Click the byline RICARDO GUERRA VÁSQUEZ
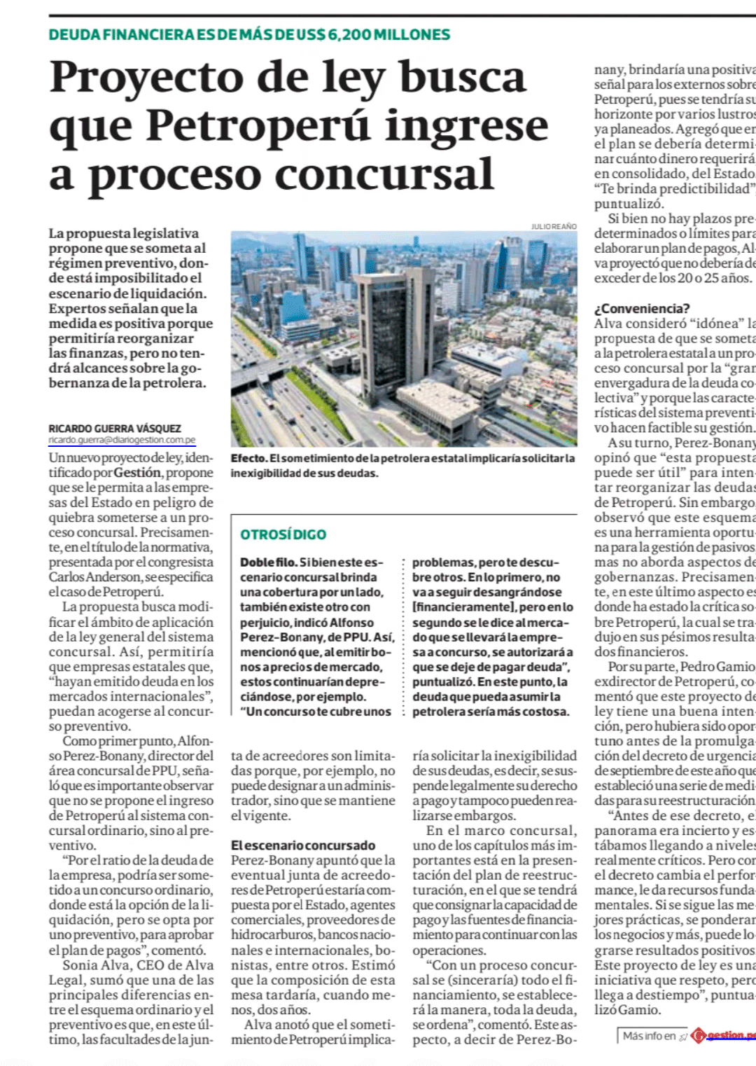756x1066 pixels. pos(115,428)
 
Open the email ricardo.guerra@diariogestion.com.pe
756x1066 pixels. pos(122,440)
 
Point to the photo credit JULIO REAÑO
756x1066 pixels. pos(554,226)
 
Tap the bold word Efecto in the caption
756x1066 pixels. pos(248,458)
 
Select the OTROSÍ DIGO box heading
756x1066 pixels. pos(283,534)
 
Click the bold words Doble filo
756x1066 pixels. pos(268,562)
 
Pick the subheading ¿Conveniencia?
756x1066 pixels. pos(642,308)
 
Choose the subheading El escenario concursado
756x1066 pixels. pos(303,845)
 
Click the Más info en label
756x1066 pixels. pos(649,1036)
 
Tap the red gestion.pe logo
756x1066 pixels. pos(724,1035)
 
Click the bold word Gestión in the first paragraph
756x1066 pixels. pos(137,473)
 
